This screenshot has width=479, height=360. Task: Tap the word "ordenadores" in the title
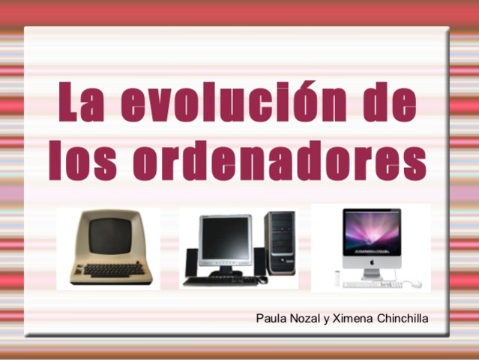point(280,160)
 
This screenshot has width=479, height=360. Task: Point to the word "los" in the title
point(82,160)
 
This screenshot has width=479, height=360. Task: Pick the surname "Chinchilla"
point(403,319)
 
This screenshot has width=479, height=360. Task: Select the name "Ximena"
point(352,319)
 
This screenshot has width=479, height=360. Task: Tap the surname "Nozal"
point(305,319)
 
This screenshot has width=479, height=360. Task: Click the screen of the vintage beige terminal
point(111,235)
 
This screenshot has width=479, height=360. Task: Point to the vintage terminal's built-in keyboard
point(114,269)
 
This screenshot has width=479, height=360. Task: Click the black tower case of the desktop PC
point(280,243)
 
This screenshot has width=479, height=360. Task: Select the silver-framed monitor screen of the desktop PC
point(226,238)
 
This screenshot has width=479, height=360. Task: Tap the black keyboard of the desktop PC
point(220,280)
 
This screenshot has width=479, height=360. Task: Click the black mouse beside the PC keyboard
point(262,280)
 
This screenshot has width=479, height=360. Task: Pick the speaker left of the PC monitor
point(192,262)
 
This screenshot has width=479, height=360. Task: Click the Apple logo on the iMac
point(372,262)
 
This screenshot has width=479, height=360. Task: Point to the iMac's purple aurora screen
point(372,232)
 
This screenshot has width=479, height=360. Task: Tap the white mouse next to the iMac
point(415,284)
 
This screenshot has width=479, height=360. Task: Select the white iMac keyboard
point(372,284)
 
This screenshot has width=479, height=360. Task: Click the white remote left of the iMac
point(337,277)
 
